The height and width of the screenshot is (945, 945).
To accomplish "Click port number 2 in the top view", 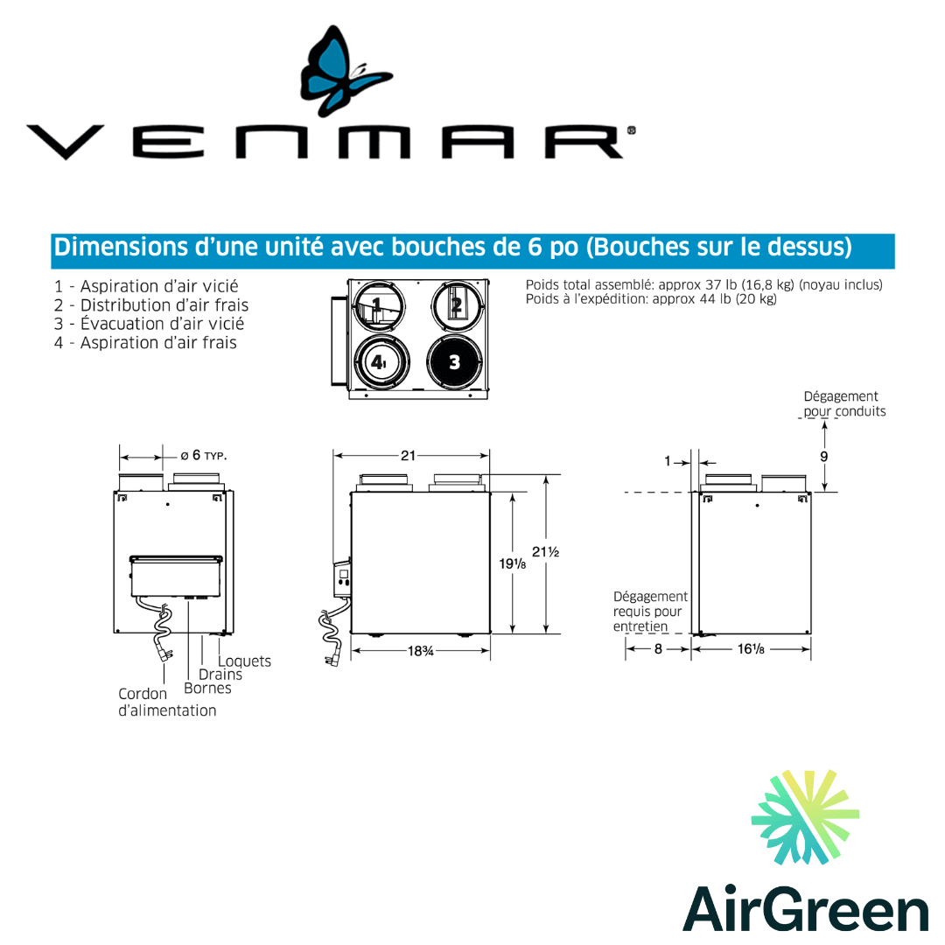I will (x=455, y=305).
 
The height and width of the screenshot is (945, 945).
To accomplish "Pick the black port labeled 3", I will (x=454, y=362).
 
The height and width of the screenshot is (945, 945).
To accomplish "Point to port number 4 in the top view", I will (x=378, y=362).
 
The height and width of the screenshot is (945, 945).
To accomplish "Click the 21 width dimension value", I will (x=409, y=455).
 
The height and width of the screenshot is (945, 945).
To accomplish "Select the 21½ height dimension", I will (x=545, y=552).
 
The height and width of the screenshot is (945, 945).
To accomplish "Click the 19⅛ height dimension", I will (x=514, y=563).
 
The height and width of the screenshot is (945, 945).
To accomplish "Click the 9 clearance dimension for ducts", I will (x=824, y=456).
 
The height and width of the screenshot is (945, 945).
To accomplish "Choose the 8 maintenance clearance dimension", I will (x=658, y=649).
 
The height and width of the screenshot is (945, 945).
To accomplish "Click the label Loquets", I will (x=244, y=661).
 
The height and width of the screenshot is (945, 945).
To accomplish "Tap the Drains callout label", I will (x=220, y=675).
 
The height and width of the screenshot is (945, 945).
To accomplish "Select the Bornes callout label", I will (x=207, y=688).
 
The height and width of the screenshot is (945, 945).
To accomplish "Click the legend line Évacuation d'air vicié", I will (x=149, y=324).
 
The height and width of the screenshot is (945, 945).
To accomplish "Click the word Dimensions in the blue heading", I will (x=115, y=248).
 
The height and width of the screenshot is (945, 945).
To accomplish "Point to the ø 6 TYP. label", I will (x=204, y=455).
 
